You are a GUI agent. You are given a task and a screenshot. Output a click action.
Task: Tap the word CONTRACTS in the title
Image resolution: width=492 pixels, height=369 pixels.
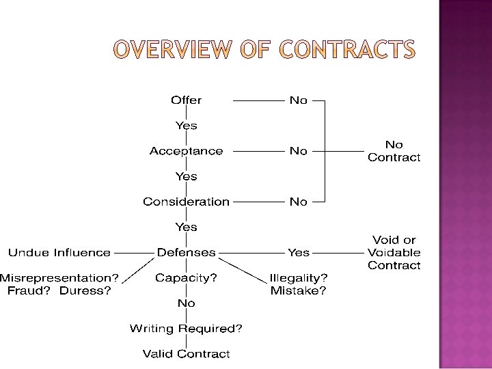point(348,50)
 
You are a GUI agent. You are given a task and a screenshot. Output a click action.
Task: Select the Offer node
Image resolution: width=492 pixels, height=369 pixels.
point(186,100)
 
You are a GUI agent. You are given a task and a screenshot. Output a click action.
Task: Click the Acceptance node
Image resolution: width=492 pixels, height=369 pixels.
point(186,151)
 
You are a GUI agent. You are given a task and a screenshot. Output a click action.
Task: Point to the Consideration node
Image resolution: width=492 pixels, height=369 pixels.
point(186,202)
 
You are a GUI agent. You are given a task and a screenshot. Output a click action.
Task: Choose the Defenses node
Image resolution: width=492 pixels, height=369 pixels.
point(186,252)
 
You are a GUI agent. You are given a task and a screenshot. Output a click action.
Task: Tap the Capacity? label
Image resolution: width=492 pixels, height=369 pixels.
point(186,277)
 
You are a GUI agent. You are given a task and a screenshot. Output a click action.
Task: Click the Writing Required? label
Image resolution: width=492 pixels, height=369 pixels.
point(186,329)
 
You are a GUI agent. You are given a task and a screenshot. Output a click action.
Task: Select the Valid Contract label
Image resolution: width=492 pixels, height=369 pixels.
point(186,354)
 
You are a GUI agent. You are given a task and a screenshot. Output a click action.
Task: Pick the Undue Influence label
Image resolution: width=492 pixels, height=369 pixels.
point(59,252)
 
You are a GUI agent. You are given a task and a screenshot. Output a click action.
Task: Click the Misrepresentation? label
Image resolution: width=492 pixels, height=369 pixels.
point(59,277)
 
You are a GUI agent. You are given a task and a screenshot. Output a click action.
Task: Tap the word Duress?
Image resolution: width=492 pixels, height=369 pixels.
point(85,290)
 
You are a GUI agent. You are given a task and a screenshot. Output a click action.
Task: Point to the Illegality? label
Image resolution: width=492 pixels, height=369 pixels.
point(299,277)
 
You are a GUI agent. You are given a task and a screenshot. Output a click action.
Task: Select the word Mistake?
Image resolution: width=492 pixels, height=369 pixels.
point(299,290)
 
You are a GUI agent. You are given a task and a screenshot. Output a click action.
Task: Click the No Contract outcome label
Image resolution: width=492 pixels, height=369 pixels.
point(394,151)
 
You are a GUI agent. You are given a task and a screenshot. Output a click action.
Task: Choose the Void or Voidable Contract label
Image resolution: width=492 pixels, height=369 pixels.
point(394,252)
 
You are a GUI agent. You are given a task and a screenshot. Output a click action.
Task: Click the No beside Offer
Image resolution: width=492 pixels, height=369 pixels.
point(299,100)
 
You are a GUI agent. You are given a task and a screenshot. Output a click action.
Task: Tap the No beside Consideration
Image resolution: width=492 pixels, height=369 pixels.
point(299,202)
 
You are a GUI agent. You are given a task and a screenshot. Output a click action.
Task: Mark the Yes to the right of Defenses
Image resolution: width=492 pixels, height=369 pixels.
point(299,252)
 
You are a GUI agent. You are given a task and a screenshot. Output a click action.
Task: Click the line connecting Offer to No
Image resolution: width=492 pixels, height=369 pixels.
point(258,100)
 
